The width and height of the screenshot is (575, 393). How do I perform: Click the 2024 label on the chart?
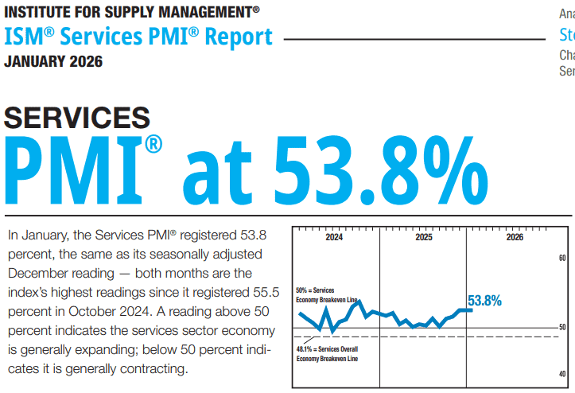click(335, 238)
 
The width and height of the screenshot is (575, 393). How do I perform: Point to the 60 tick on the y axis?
click(561, 259)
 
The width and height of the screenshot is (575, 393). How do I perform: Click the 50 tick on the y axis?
click(561, 328)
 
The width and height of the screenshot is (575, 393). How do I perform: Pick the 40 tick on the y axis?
click(561, 374)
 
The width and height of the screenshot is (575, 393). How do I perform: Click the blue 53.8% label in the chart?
click(484, 301)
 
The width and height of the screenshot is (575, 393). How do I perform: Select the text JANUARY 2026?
click(53, 61)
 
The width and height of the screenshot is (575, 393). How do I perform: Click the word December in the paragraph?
click(37, 273)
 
